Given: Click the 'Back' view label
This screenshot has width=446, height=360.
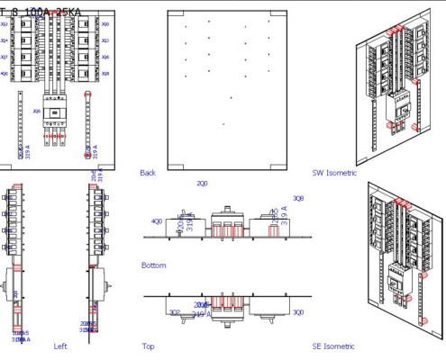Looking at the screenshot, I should pos(148,172).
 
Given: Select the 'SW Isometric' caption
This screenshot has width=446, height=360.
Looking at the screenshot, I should pos(334,172).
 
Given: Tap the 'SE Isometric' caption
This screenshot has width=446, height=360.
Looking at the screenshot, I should pos(333,346).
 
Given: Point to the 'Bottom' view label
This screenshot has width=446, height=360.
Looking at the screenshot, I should pos(153,265).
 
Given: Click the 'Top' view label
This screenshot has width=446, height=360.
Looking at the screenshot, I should pos(148,346).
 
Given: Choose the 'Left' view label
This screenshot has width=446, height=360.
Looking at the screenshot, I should pos(60,346).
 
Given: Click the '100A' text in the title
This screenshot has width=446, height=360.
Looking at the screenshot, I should pos(38,12).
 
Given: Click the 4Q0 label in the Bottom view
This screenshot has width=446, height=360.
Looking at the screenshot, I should pos(157,220).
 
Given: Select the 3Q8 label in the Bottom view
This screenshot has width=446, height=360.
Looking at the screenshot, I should pos(298,198).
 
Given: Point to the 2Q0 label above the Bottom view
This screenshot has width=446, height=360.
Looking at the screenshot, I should pos(202,183).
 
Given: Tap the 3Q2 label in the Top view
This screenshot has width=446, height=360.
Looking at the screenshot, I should pos(175,312).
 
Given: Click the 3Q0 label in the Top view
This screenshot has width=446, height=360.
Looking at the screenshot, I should pos(298,312).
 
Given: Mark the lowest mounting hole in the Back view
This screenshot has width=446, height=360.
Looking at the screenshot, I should pos(223,123).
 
